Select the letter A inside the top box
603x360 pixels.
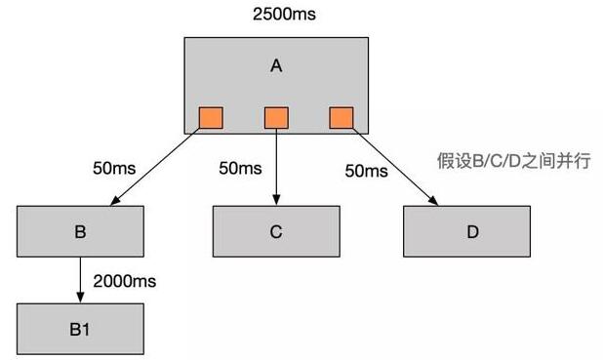point(276,66)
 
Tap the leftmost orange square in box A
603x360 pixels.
point(211,118)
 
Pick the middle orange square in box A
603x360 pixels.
point(276,118)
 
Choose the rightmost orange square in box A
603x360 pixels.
point(342,118)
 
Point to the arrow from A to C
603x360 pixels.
point(276,166)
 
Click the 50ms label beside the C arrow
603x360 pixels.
point(239,168)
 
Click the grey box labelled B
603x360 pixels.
point(80,231)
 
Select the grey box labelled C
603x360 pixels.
point(276,231)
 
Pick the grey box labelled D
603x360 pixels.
point(472,231)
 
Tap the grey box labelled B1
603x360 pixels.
point(80,329)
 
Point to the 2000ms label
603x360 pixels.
point(125,281)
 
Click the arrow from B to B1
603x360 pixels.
point(80,280)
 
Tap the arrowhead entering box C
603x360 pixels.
point(276,200)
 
